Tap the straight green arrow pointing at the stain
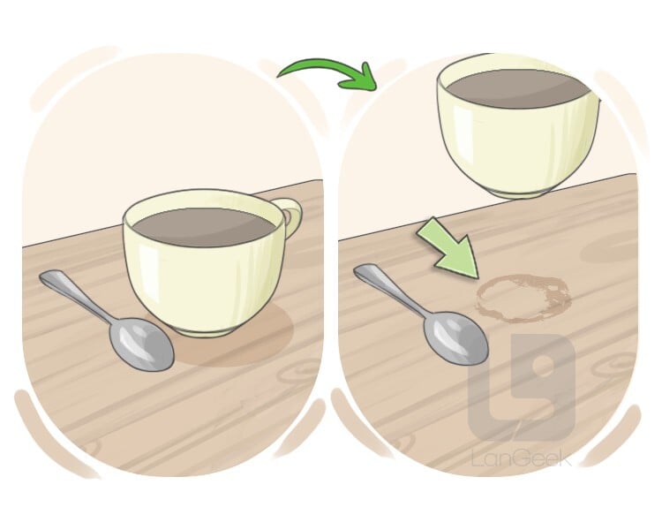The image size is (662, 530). click(x=448, y=249)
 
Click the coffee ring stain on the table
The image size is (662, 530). click(x=523, y=299)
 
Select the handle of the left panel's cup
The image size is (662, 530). click(x=292, y=216)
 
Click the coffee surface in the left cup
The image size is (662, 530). click(x=204, y=227)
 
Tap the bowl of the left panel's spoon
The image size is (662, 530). click(x=141, y=344)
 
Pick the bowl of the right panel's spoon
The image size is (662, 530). click(x=456, y=337)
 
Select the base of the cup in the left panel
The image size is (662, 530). click(x=206, y=332)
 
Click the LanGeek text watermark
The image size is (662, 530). click(x=523, y=458)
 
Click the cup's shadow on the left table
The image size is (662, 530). click(x=237, y=338)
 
